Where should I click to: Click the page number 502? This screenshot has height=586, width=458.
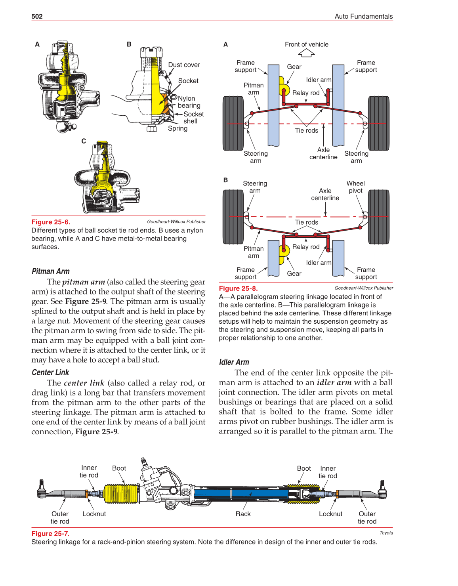[x=37, y=16]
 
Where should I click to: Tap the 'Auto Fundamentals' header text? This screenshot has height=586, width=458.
[x=363, y=16]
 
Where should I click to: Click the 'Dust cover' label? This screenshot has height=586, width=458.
[x=184, y=65]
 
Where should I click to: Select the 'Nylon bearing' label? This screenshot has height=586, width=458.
[x=189, y=102]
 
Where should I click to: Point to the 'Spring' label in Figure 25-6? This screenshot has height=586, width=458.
[x=177, y=128]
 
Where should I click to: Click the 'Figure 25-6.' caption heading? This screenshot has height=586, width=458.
[x=51, y=222]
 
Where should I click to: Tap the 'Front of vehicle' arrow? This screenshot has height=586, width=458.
[x=306, y=53]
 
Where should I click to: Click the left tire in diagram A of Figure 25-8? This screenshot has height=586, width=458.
[x=233, y=123]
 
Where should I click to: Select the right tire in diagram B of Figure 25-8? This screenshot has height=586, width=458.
[x=378, y=217]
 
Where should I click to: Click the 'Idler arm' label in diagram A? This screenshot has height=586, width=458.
[x=318, y=80]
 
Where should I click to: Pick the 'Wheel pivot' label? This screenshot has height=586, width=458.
[x=355, y=187]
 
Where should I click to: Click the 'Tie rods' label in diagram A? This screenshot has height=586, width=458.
[x=306, y=130]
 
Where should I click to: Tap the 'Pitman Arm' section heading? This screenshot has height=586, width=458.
[x=51, y=271]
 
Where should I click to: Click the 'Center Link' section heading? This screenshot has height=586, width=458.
[x=50, y=372]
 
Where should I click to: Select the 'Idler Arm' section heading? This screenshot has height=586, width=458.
[x=234, y=362]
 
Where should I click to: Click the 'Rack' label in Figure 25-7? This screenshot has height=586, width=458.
[x=243, y=514]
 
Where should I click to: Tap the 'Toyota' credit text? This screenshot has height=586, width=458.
[x=386, y=533]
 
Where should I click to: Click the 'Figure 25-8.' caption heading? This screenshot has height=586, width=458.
[x=238, y=288]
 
